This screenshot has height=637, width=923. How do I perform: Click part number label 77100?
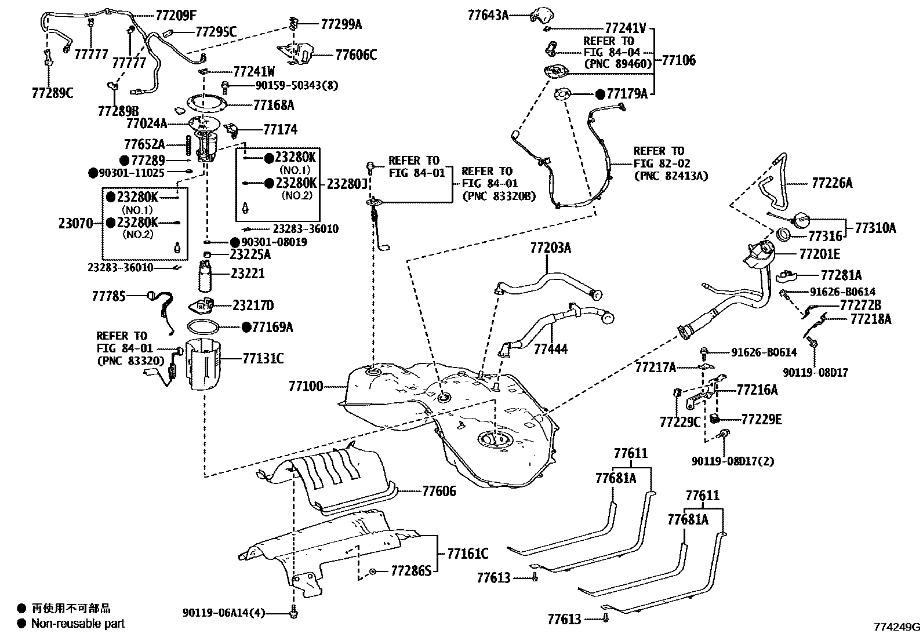click(306, 386)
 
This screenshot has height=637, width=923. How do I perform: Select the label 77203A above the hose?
click(550, 248)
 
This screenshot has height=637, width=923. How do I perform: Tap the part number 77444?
click(550, 349)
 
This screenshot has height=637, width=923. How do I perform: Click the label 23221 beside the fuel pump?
click(248, 273)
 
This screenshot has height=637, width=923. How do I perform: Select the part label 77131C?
click(263, 359)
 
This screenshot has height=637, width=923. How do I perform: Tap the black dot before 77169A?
click(246, 327)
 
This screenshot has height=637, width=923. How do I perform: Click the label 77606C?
click(356, 55)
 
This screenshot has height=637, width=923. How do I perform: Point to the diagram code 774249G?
click(897, 627)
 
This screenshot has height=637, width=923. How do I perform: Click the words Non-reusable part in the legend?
click(78, 624)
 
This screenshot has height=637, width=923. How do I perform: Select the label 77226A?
click(832, 183)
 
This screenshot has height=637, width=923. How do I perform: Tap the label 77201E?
click(819, 254)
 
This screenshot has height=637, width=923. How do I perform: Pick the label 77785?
click(108, 296)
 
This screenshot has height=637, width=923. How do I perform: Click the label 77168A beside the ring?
click(273, 105)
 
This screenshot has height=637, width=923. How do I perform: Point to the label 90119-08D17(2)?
click(732, 461)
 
